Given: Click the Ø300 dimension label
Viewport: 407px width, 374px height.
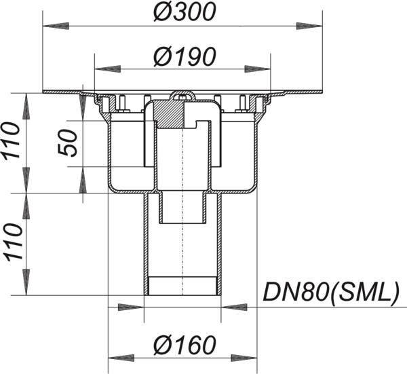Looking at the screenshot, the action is coord(185,12).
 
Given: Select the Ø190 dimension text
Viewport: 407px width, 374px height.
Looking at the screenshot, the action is coord(185,56).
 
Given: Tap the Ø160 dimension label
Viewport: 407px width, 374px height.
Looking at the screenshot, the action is coord(185,345).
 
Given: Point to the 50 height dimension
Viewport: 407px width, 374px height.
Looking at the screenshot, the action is coord(68,143).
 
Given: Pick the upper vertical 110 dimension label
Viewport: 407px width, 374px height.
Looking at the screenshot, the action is coord(11,141).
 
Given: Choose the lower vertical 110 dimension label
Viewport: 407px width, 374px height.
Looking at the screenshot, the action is coord(11,242).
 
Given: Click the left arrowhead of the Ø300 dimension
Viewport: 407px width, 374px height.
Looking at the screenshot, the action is coord(56,26).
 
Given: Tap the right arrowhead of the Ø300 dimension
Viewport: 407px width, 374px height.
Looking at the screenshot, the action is coord(309,26).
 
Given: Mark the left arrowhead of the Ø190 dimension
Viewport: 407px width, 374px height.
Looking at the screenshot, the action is coord(108,69).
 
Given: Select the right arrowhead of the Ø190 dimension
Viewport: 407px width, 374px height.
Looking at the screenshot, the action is coord(258,69).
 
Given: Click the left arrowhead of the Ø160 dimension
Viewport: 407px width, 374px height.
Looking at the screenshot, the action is coord(121,358).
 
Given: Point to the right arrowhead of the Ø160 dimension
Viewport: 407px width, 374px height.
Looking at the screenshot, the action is coord(244,358).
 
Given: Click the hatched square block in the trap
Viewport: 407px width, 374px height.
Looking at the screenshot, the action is coord(169,114).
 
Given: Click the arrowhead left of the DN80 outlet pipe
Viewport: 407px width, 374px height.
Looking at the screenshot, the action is coord(131,307).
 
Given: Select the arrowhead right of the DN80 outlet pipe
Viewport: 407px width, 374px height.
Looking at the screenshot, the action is coord(234,307).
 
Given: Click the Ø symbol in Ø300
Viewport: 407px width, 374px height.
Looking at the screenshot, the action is coord(163,12).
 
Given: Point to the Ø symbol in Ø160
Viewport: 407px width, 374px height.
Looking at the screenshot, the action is coord(163,345).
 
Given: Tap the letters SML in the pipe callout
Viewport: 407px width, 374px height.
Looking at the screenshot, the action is coord(363,291).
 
